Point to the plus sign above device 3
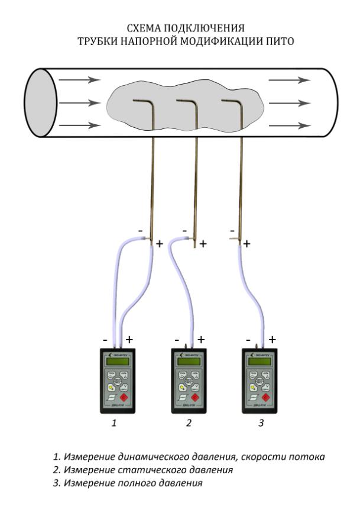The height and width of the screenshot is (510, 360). (271, 339)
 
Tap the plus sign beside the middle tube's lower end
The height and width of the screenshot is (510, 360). (203, 243)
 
